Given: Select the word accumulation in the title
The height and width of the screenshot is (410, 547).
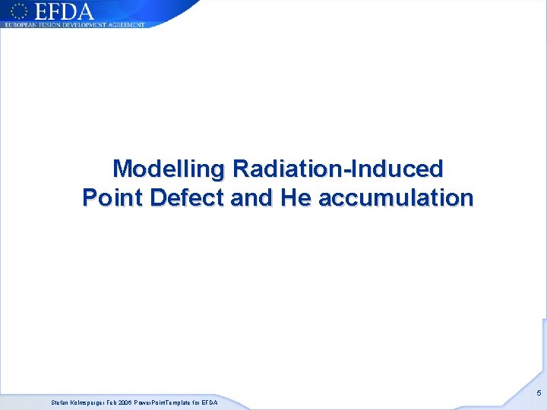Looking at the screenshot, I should coord(396,198).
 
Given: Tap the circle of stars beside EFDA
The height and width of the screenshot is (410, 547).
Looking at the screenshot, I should coord(19,11).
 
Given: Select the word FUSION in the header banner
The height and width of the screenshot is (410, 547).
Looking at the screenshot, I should coord(55,24).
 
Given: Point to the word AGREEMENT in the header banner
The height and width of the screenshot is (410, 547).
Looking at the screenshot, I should coord(127,24).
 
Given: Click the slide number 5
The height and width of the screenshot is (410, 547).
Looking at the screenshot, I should coord(539,393).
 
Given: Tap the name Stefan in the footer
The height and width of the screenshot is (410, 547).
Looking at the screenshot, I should coord(60,402).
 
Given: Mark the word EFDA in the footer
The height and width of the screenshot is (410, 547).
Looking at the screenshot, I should coord(210,402).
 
